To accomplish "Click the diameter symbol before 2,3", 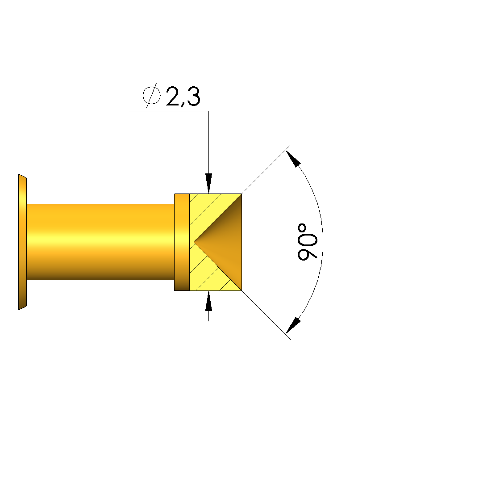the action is (x=152, y=96).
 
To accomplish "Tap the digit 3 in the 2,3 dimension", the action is (x=193, y=96).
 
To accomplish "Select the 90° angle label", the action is (x=307, y=242).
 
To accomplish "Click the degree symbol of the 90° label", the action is (x=302, y=228).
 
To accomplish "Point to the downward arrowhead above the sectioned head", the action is (x=208, y=183).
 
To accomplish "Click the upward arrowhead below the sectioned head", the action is (x=208, y=301).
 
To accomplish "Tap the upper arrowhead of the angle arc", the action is (x=293, y=158).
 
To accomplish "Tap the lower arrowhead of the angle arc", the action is (x=293, y=326).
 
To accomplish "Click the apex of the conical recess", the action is (x=194, y=241).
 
